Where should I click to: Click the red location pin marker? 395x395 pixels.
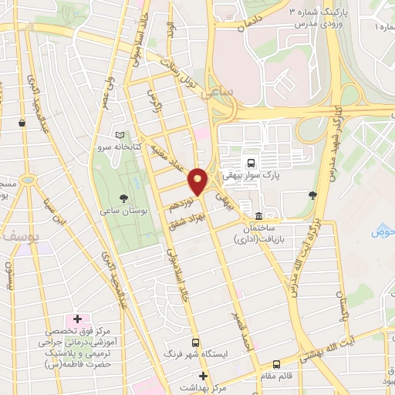(x=198, y=181)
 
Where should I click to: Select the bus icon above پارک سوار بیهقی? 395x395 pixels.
(x=250, y=162)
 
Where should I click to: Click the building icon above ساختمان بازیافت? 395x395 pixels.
(x=257, y=215)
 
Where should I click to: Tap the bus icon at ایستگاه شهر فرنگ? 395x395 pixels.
(x=194, y=342)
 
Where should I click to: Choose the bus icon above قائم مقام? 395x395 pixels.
(x=277, y=364)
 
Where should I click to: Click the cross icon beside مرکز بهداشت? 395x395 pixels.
(x=202, y=376)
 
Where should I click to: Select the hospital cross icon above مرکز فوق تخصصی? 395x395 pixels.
(x=77, y=319)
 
